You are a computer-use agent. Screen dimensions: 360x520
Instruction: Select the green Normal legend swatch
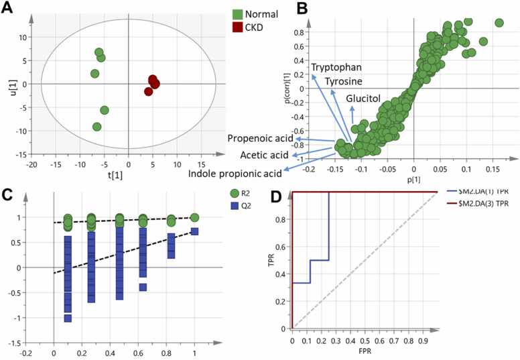(x=237, y=13)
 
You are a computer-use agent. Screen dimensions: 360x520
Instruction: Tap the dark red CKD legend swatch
(x=237, y=27)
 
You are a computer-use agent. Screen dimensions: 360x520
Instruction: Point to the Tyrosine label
(x=344, y=81)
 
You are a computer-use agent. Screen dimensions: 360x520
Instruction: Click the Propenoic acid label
(x=259, y=139)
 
